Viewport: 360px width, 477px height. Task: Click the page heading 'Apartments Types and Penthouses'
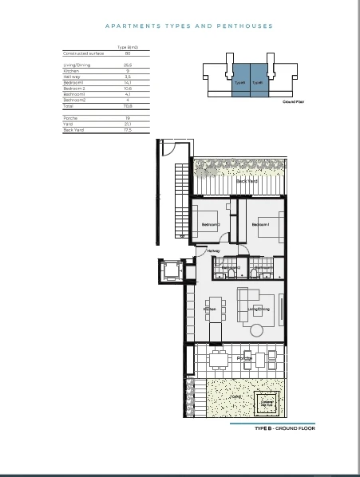[188, 26]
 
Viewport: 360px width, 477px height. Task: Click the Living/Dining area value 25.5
[128, 65]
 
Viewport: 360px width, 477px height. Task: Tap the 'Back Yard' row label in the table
[73, 129]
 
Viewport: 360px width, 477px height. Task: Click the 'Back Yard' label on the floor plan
[247, 181]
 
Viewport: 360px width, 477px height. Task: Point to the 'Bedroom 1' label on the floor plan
[262, 225]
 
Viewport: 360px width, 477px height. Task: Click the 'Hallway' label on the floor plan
[213, 252]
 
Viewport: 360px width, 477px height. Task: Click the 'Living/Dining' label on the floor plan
[259, 309]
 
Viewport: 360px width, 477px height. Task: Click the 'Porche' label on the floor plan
[243, 358]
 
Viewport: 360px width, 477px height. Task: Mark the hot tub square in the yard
[265, 403]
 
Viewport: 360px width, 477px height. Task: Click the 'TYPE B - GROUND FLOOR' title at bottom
[285, 428]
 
